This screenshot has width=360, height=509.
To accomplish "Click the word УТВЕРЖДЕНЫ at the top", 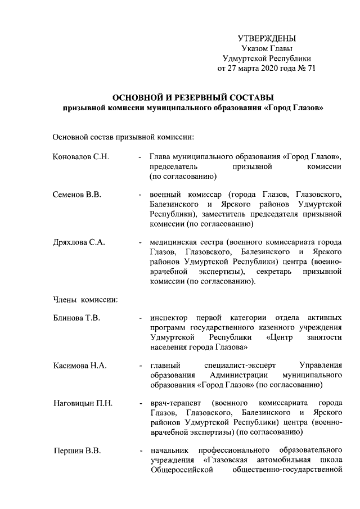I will pyautogui.click(x=267, y=38).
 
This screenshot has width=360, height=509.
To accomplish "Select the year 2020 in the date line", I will pyautogui.click(x=264, y=69).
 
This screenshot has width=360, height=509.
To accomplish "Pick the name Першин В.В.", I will pyautogui.click(x=77, y=451).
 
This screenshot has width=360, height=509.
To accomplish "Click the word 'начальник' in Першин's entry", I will pyautogui.click(x=169, y=451).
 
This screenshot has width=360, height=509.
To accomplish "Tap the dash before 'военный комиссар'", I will pyautogui.click(x=140, y=195).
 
